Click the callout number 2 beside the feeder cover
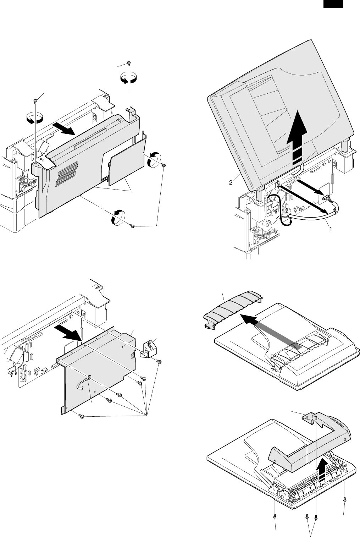(x=231, y=183)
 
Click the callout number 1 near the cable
(x=331, y=229)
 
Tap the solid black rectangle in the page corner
(x=333, y=4)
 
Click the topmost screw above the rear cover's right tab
(x=129, y=64)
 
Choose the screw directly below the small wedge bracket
(x=159, y=362)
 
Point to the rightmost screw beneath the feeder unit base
(x=344, y=500)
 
